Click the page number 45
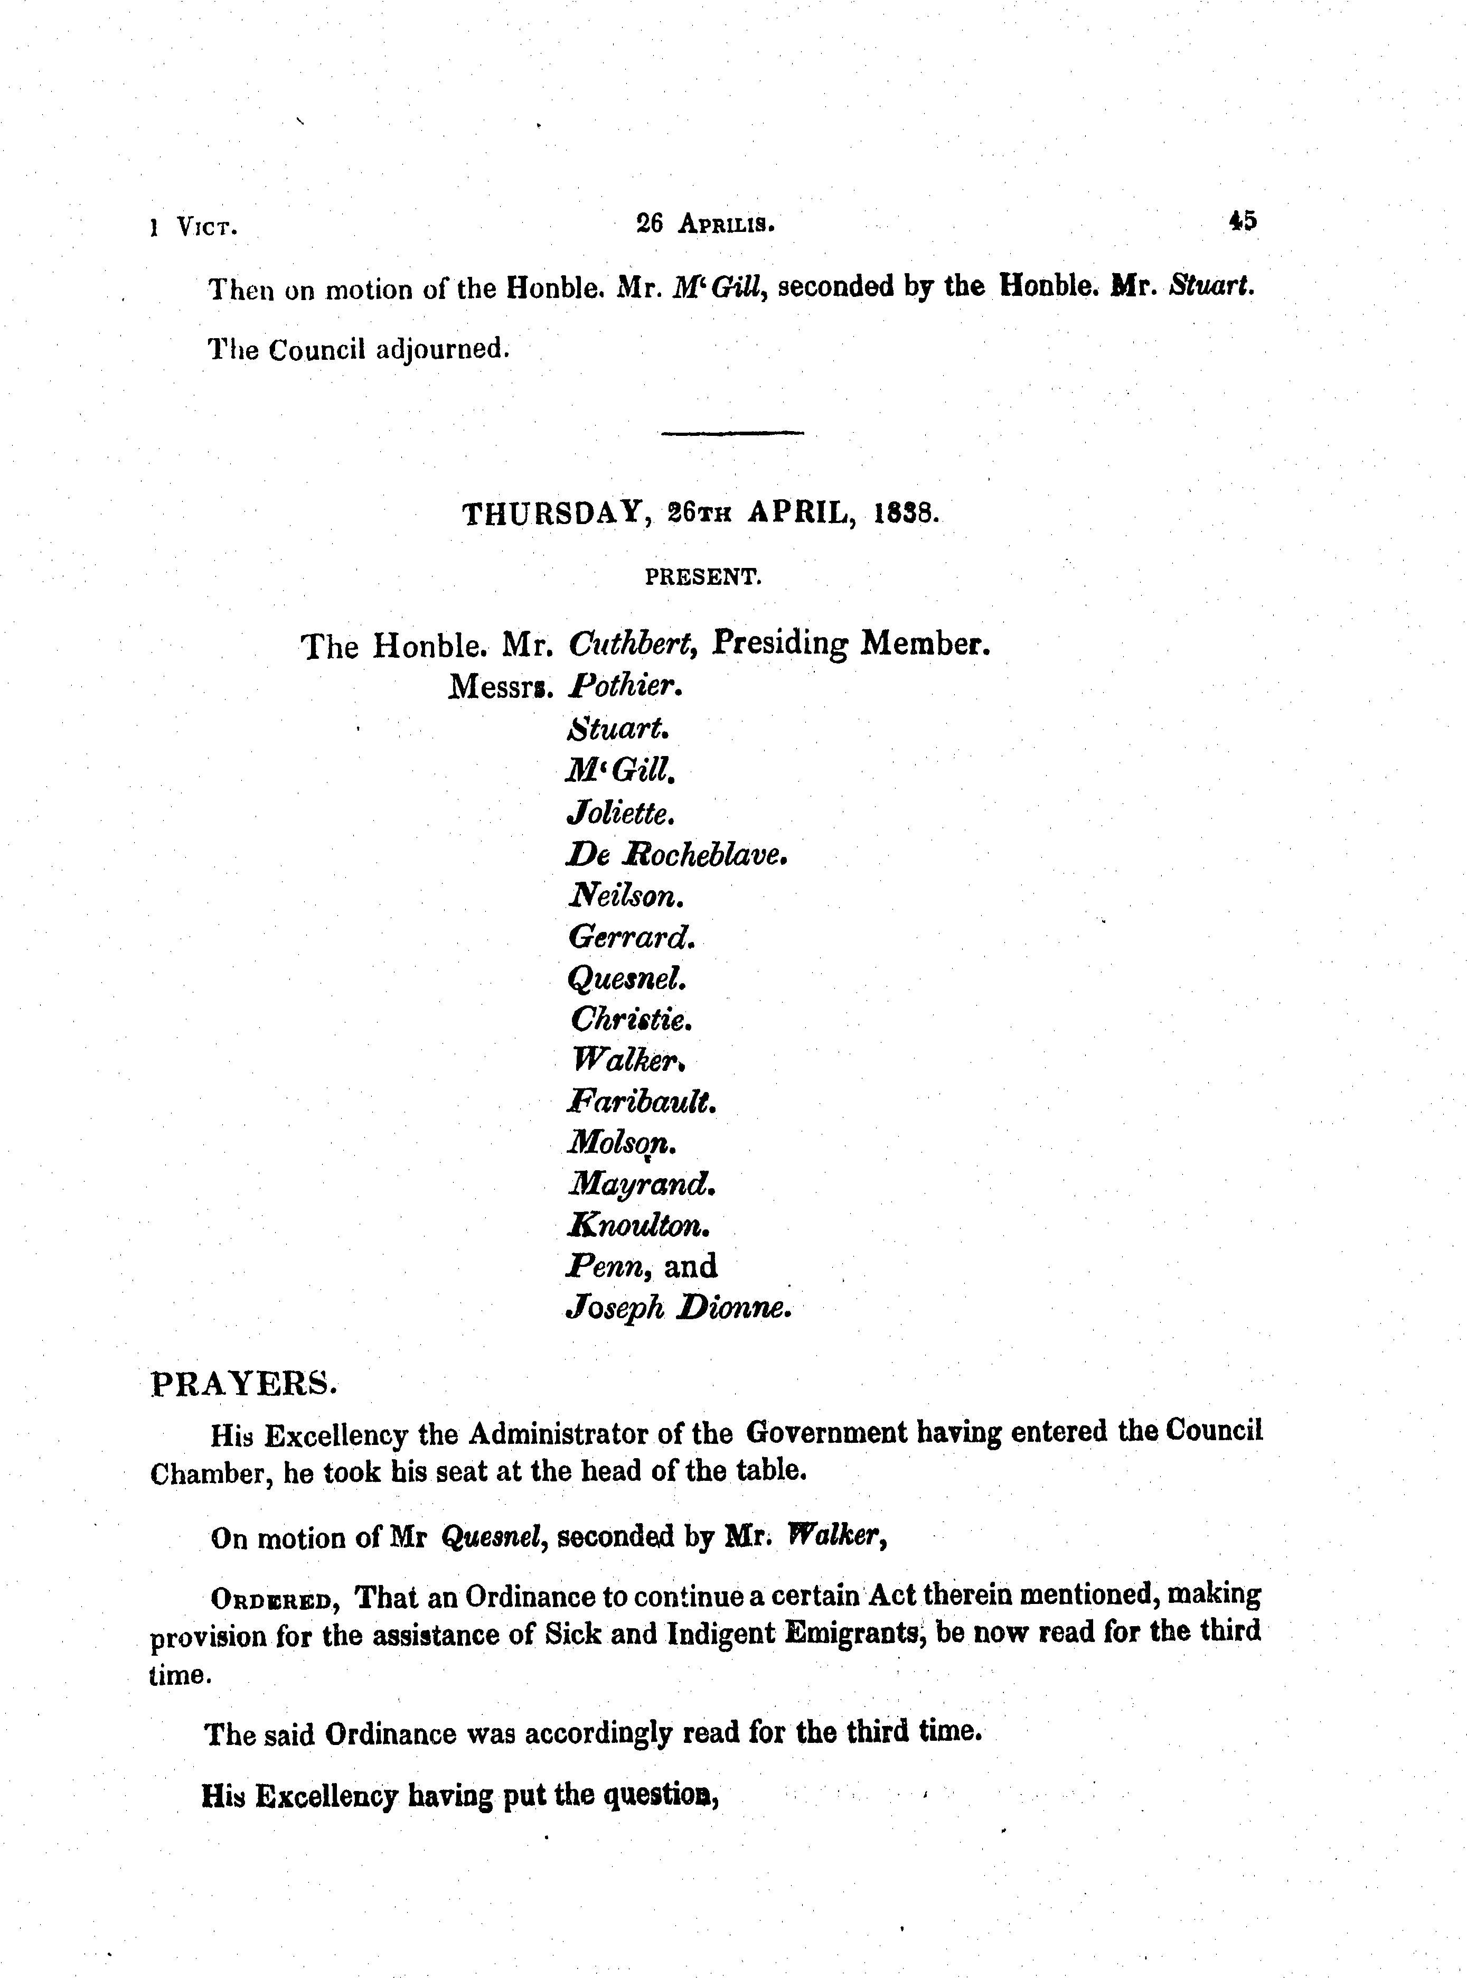(x=1243, y=221)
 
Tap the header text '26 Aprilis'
(x=705, y=225)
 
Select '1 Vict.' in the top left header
(x=194, y=227)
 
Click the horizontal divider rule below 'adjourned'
(x=732, y=433)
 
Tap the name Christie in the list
(x=629, y=1019)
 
